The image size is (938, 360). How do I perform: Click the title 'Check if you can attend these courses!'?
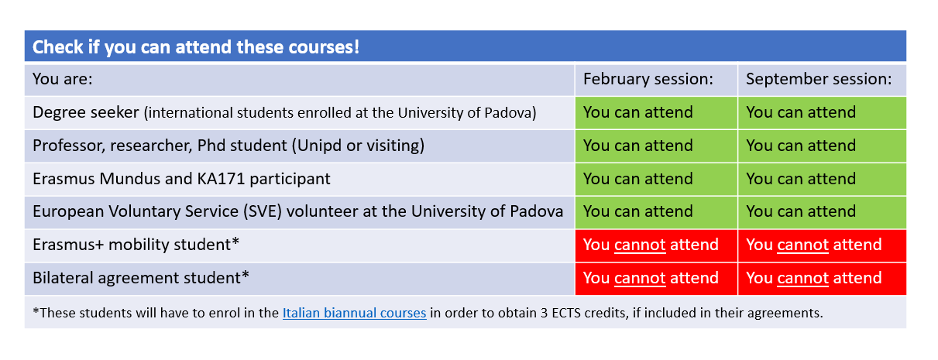click(x=195, y=47)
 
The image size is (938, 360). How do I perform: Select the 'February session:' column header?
click(x=648, y=79)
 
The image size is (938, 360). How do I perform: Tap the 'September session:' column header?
click(x=819, y=79)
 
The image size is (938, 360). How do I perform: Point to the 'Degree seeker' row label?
click(x=86, y=112)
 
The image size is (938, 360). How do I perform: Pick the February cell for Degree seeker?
click(x=656, y=112)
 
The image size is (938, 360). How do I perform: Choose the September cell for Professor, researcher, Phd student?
click(x=822, y=146)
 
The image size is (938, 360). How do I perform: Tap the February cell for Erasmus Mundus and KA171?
click(x=656, y=179)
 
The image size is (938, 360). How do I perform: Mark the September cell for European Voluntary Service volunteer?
click(x=822, y=212)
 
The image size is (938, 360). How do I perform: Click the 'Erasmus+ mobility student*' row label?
click(x=136, y=245)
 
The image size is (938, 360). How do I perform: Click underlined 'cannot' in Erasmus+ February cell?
click(x=640, y=245)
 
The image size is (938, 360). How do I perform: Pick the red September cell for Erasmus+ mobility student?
click(x=822, y=245)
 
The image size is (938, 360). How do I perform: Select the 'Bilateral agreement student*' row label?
click(x=141, y=278)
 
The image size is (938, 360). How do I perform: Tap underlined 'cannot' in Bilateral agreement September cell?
click(x=802, y=279)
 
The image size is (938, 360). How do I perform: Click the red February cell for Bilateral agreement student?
click(x=656, y=279)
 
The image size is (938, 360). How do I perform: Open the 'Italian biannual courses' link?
click(x=354, y=313)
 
